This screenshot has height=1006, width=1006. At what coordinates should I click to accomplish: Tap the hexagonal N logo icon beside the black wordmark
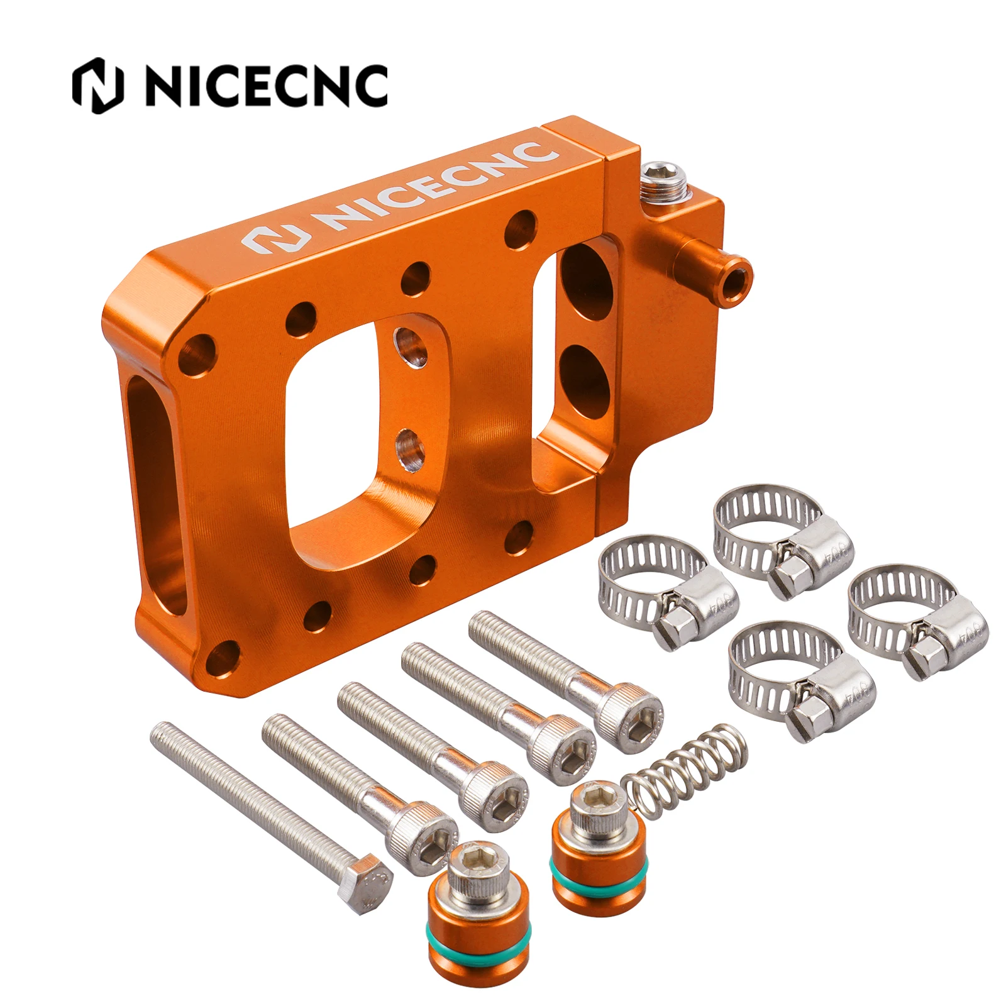97,86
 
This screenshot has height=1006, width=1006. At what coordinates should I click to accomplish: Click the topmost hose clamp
783,541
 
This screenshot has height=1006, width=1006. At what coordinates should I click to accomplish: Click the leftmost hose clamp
666,591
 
